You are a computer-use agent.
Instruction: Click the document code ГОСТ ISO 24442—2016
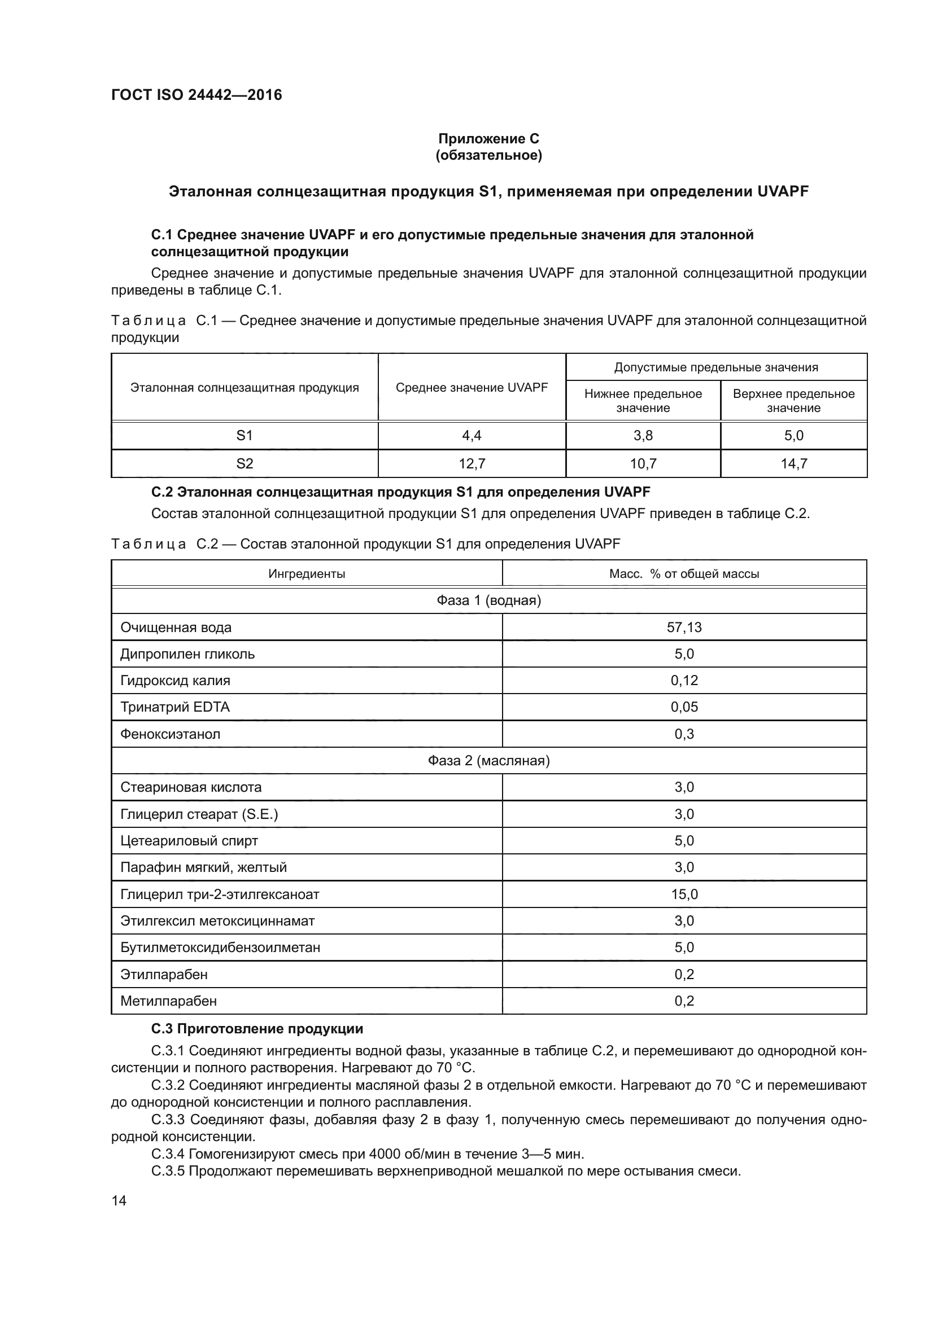[x=196, y=95]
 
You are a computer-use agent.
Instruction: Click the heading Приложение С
[x=488, y=139]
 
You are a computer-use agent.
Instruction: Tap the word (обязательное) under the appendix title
[x=488, y=155]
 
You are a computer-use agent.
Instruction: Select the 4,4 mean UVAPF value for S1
[x=472, y=436]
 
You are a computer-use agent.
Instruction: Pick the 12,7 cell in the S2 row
[x=472, y=463]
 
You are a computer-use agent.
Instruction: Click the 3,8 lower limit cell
[x=643, y=436]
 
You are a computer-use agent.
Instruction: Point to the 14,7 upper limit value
[x=793, y=463]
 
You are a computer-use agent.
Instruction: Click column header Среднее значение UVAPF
[x=472, y=388]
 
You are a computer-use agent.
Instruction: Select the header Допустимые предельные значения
[x=715, y=367]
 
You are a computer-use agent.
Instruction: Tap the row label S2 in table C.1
[x=245, y=463]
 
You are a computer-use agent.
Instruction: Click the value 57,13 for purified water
[x=684, y=627]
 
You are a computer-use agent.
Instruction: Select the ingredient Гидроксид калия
[x=175, y=681]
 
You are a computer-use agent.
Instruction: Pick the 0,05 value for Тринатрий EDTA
[x=684, y=707]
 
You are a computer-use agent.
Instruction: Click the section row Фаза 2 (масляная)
[x=488, y=761]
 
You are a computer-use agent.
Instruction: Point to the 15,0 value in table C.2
[x=684, y=894]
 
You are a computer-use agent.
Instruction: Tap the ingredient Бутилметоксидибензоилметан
[x=220, y=948]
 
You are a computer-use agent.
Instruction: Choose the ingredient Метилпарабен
[x=168, y=1001]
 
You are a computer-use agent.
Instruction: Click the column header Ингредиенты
[x=307, y=574]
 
